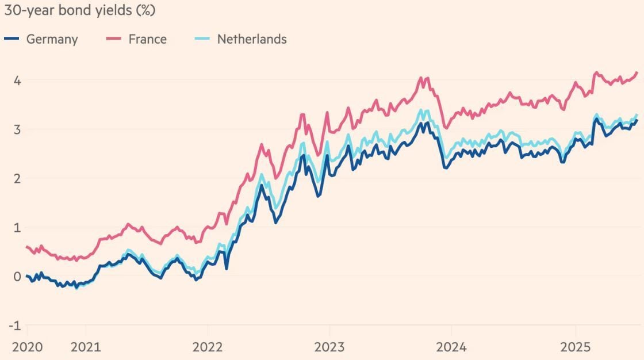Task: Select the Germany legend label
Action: click(52, 39)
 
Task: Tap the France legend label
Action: click(147, 39)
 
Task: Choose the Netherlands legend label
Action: click(251, 39)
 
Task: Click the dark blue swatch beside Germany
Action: click(12, 39)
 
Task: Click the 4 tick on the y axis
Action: click(17, 81)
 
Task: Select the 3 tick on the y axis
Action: click(17, 129)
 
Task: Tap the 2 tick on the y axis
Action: click(17, 178)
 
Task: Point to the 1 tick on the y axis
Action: click(17, 227)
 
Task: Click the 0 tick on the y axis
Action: click(17, 277)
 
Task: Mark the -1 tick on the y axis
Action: click(15, 325)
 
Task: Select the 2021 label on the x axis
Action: click(86, 347)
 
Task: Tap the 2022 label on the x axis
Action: click(208, 347)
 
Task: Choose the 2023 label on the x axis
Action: click(329, 347)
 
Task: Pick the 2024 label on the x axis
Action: click(451, 347)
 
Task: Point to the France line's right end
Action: click(637, 72)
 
